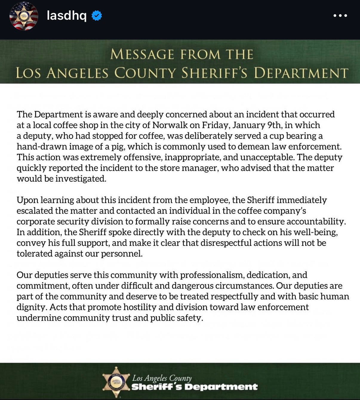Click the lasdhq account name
(x=67, y=15)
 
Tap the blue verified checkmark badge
(x=97, y=16)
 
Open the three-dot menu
(x=340, y=16)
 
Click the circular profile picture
(x=24, y=16)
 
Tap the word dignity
(x=32, y=307)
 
